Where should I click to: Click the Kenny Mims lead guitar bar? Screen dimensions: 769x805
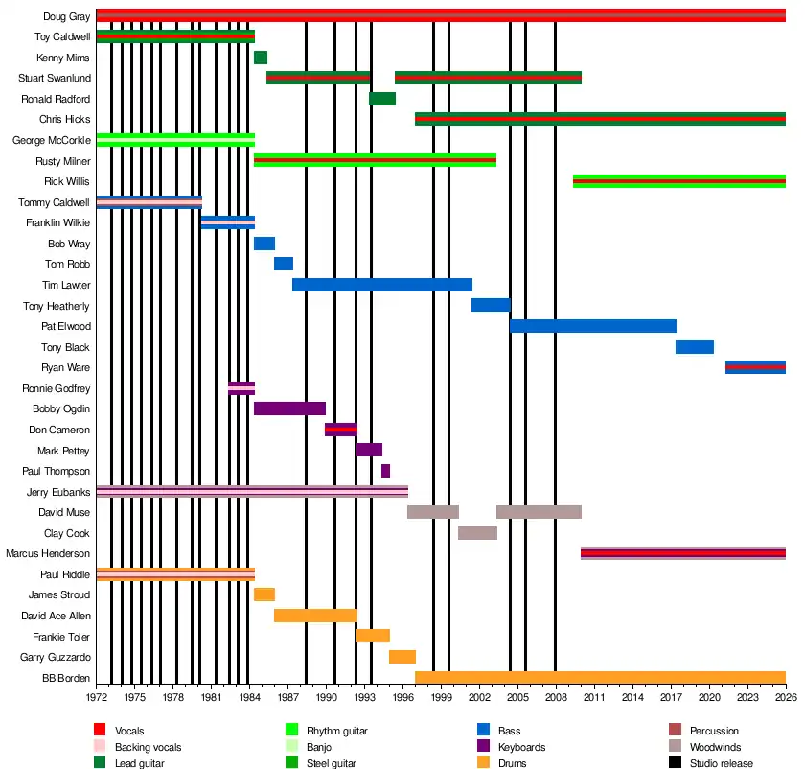261,58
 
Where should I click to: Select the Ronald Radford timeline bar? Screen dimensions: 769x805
382,99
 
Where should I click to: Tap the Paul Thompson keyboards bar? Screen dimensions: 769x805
385,471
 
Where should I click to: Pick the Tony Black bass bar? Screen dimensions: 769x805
695,347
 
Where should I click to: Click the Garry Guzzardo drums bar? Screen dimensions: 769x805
402,657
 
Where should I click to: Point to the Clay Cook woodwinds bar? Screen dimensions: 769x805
477,533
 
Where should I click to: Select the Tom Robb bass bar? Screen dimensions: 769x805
284,264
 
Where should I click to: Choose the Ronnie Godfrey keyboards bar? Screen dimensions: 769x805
241,388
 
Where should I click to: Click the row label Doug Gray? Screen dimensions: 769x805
67,16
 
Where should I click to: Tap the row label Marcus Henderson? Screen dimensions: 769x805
48,553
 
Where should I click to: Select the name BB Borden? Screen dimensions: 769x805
69,678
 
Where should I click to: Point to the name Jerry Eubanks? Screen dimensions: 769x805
58,492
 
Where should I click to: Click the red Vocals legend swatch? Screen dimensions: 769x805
100,731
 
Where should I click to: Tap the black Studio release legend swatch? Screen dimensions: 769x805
675,763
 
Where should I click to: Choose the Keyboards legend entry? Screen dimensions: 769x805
522,747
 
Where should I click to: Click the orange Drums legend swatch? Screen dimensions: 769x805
483,763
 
